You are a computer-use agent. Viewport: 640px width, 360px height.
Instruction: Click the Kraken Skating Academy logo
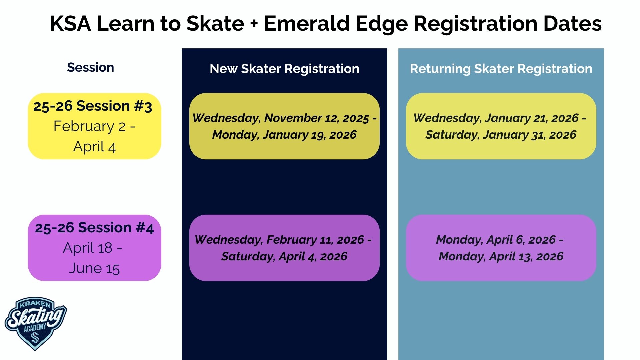(x=36, y=323)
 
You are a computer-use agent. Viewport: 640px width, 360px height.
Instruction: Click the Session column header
(x=90, y=67)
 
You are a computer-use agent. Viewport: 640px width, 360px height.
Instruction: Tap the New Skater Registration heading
(x=284, y=69)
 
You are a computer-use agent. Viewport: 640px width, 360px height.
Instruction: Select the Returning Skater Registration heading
(x=501, y=69)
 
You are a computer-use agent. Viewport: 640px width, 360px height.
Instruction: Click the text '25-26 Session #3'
(x=93, y=106)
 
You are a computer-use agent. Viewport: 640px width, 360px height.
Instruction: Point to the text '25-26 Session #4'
(x=94, y=228)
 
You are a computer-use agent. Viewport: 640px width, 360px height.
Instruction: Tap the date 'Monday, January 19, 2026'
(x=284, y=135)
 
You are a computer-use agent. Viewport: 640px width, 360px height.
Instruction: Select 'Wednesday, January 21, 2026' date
(x=496, y=118)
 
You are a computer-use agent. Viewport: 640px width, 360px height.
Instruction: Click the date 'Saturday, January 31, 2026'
(x=501, y=135)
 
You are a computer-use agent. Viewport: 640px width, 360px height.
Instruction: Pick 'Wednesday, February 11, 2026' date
(x=279, y=240)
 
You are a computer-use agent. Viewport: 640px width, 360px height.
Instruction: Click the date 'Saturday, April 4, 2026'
(x=284, y=256)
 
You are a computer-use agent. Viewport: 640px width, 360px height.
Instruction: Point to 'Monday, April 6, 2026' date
(x=496, y=240)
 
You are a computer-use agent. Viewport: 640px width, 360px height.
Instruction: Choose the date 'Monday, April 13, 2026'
(x=501, y=256)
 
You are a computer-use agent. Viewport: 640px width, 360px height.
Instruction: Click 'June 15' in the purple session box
(x=94, y=268)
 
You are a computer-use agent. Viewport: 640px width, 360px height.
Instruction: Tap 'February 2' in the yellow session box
(x=89, y=126)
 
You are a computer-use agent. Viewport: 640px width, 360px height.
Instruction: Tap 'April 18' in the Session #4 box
(x=88, y=248)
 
